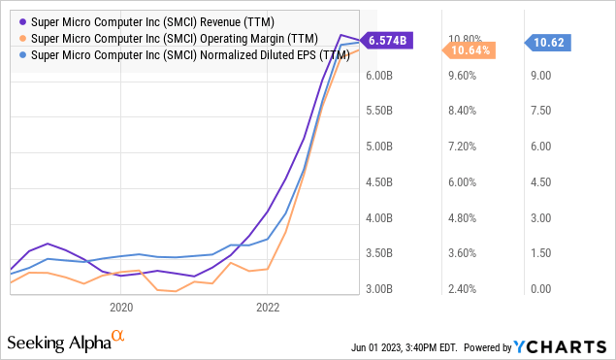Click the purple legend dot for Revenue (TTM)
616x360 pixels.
[x=21, y=20]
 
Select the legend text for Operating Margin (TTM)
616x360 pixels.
[x=160, y=38]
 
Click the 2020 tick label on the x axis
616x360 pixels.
[x=121, y=308]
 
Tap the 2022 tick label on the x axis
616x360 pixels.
[x=269, y=308]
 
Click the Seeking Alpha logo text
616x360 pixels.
[x=57, y=344]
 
